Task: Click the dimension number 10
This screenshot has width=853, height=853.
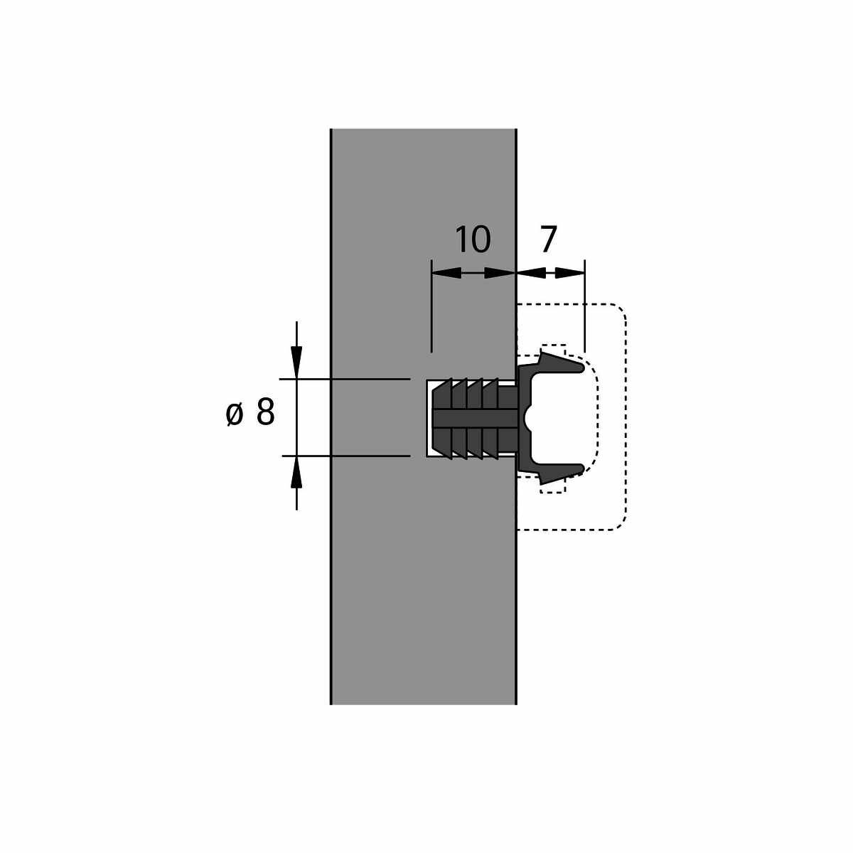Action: click(x=473, y=240)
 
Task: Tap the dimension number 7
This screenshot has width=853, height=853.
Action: click(x=548, y=240)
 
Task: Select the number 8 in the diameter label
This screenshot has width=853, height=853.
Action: click(x=265, y=412)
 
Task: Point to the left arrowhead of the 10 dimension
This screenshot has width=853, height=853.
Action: click(x=446, y=273)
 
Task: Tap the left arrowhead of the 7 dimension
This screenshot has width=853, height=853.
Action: click(x=531, y=273)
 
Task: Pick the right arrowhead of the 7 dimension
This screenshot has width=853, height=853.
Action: click(x=570, y=273)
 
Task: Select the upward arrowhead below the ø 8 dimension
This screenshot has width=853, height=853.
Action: click(x=296, y=471)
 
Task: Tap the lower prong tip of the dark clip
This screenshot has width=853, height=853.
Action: click(x=583, y=468)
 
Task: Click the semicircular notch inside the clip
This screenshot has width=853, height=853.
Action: click(x=527, y=417)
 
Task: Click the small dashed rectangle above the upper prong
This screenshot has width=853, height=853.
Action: click(x=553, y=349)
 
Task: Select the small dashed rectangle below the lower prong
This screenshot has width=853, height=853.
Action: click(x=552, y=486)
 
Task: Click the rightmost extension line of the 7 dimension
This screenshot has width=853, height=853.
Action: click(x=585, y=306)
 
